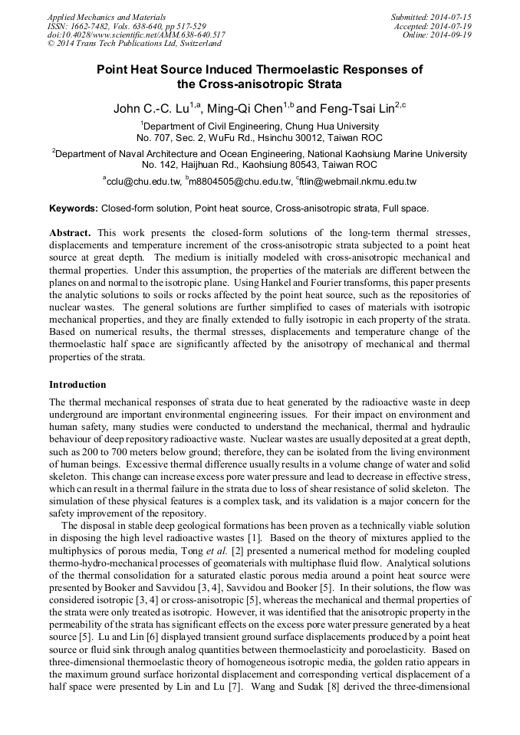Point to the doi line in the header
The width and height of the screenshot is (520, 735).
(x=137, y=35)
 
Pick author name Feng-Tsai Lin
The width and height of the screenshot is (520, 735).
(x=355, y=109)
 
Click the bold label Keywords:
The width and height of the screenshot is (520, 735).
(x=74, y=208)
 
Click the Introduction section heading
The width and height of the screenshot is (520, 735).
(x=77, y=385)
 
